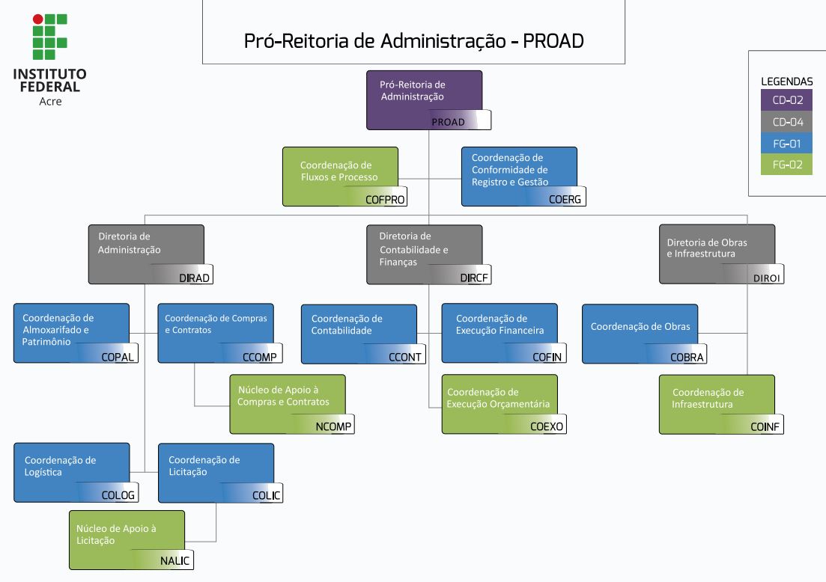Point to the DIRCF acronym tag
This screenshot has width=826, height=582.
[474, 278]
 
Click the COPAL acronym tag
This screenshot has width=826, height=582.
[118, 357]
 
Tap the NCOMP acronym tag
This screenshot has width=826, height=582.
[334, 427]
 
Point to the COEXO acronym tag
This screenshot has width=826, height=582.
[547, 427]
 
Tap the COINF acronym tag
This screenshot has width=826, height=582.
[765, 427]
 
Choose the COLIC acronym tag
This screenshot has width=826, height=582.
[266, 495]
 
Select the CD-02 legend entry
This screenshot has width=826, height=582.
[786, 99]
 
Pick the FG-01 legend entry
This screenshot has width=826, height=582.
[786, 143]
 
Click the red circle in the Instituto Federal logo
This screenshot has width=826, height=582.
[37, 19]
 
